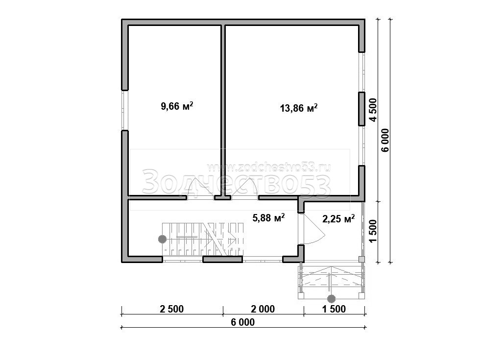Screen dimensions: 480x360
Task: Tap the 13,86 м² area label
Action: pos(299,108)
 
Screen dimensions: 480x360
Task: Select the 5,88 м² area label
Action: pos(268,217)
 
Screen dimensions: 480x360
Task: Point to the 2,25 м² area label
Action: pos(338,218)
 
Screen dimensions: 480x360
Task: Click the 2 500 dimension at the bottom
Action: pos(172,309)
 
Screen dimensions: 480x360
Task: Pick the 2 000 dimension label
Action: pos(263,309)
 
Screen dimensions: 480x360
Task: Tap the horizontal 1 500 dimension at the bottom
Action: pos(334,309)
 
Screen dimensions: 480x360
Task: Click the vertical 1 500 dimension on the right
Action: pos(372,231)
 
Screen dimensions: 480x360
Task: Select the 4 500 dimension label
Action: pos(373,110)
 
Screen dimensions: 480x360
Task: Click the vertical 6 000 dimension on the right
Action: pos(385,140)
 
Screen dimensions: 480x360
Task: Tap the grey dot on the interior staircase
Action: pos(162,239)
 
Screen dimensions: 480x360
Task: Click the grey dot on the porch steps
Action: pos(331,298)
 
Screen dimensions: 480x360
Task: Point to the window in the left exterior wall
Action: pos(124,110)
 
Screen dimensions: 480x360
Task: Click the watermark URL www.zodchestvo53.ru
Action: pos(268,167)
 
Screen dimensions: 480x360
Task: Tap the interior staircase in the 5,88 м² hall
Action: pos(203,239)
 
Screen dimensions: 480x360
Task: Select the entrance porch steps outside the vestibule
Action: pos(332,280)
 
